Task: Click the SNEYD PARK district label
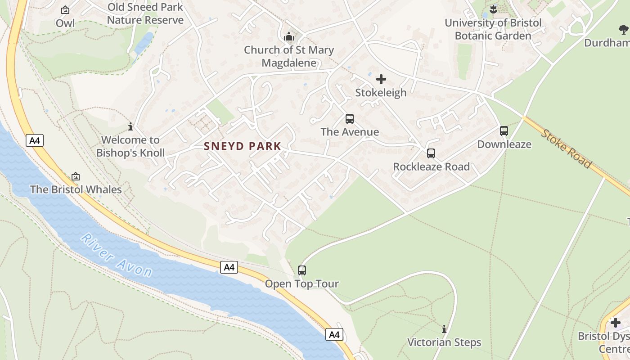[243, 146]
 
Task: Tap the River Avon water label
[117, 255]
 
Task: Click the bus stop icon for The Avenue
[350, 119]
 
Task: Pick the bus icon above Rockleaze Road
[431, 153]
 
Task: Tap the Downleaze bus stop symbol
[504, 131]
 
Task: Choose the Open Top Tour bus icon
[302, 270]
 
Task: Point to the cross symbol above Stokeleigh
[381, 80]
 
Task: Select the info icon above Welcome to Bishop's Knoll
[130, 126]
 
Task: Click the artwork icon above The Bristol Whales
[76, 176]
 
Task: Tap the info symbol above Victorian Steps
[444, 329]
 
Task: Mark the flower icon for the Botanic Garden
[493, 9]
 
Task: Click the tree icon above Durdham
[623, 30]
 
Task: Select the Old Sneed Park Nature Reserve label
[145, 13]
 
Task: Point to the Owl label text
[65, 23]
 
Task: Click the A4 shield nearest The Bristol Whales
[35, 141]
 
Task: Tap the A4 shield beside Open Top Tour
[229, 267]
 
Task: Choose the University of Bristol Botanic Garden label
[493, 29]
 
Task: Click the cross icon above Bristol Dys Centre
[616, 323]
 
